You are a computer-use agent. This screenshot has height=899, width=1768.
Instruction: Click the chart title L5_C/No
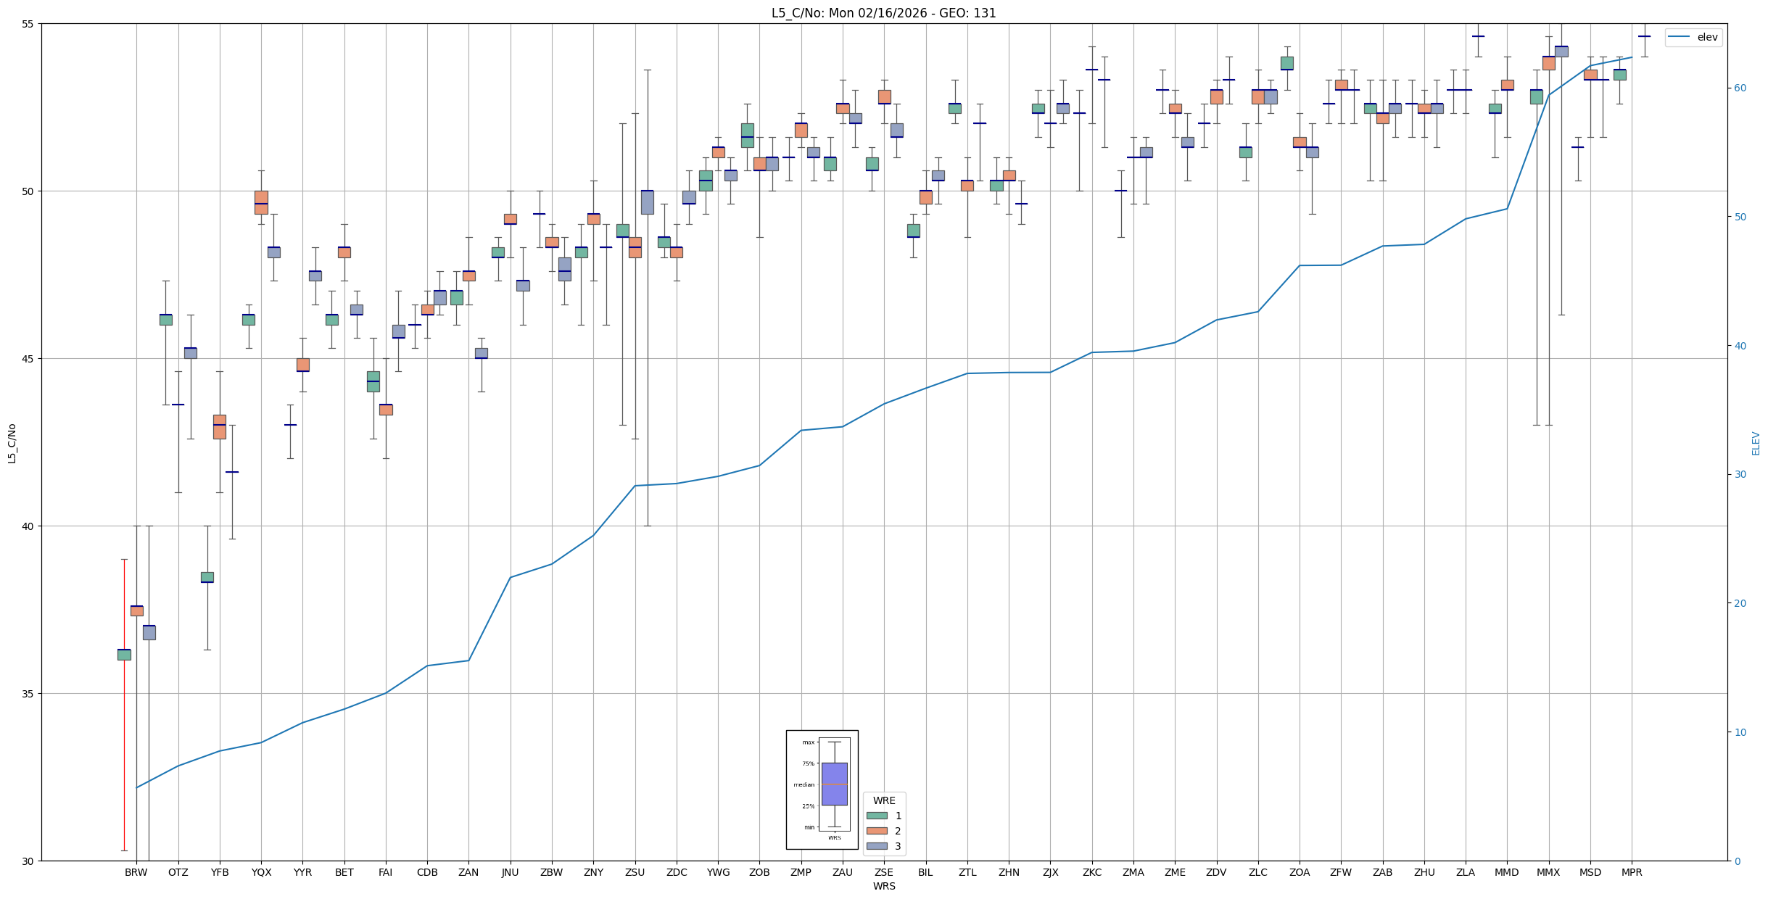(883, 13)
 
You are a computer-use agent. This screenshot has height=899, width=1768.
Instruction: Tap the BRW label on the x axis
(136, 872)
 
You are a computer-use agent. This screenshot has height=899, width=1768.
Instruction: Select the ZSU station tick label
(635, 872)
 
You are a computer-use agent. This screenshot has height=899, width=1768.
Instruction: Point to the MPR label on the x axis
(1632, 872)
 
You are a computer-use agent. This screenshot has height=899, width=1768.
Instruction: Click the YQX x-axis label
(261, 872)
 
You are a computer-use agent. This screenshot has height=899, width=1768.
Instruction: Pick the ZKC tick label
(1091, 872)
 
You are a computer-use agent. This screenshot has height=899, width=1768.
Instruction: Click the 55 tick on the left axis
(28, 24)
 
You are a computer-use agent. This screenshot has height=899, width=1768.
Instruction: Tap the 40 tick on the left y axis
(28, 526)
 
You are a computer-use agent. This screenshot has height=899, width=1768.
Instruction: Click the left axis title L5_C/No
(12, 443)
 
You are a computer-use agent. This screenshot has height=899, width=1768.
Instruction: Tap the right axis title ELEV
(1756, 443)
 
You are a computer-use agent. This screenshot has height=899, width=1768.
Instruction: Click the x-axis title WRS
(884, 886)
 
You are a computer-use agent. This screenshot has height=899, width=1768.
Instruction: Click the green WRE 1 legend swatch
(877, 816)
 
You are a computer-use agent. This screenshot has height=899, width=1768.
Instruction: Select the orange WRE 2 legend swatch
(877, 831)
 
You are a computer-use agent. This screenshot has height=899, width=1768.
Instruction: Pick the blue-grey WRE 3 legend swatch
(877, 846)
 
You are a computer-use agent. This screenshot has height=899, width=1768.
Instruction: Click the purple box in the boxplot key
(834, 784)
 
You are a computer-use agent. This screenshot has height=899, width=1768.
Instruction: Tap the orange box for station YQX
(261, 202)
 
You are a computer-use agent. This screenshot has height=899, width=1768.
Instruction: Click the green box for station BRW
(124, 655)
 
